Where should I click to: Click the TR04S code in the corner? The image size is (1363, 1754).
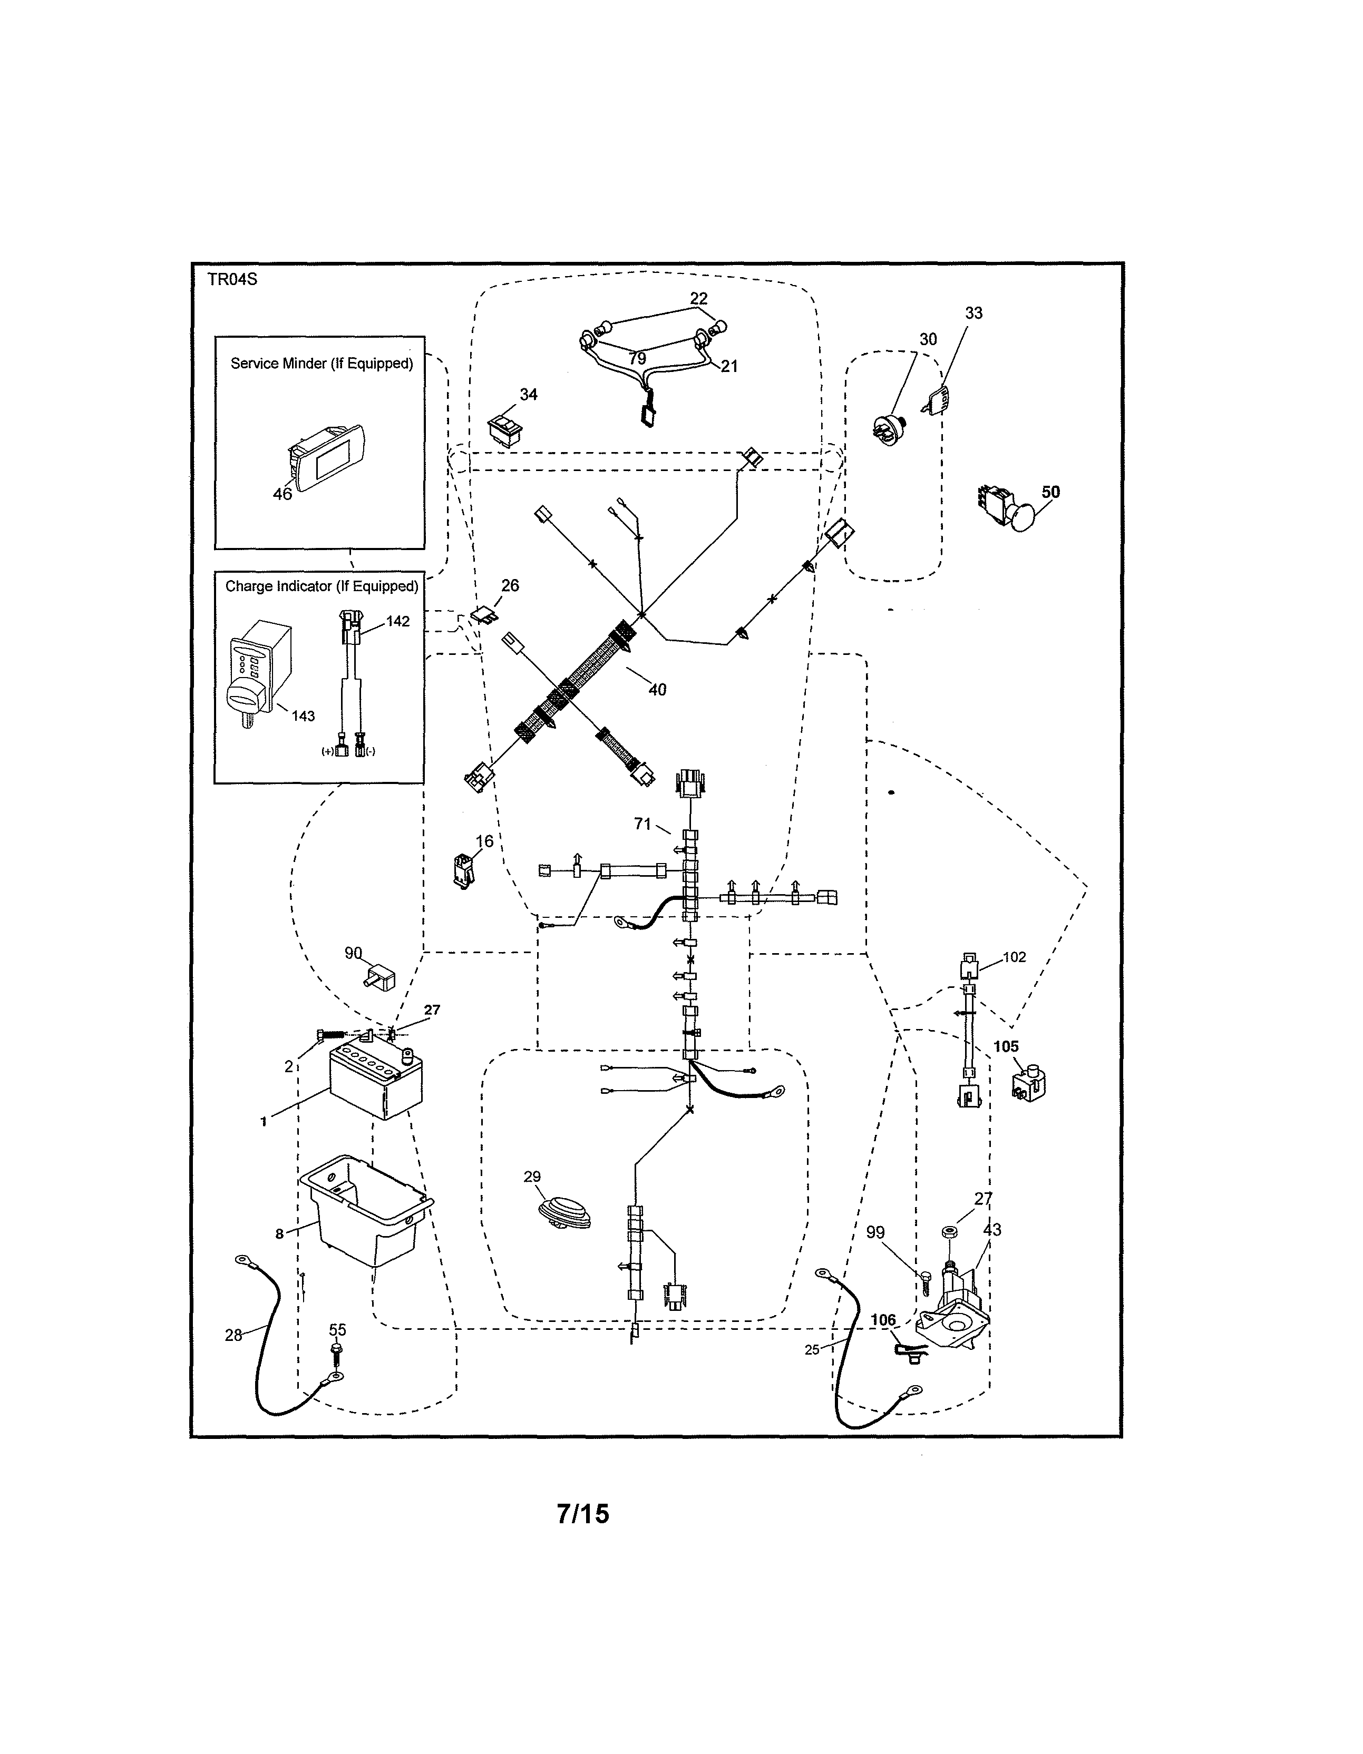[232, 279]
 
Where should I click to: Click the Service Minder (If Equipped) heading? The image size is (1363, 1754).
[322, 363]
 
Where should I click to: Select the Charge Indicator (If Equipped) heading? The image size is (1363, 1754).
[322, 586]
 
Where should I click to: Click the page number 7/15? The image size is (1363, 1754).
[583, 1513]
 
